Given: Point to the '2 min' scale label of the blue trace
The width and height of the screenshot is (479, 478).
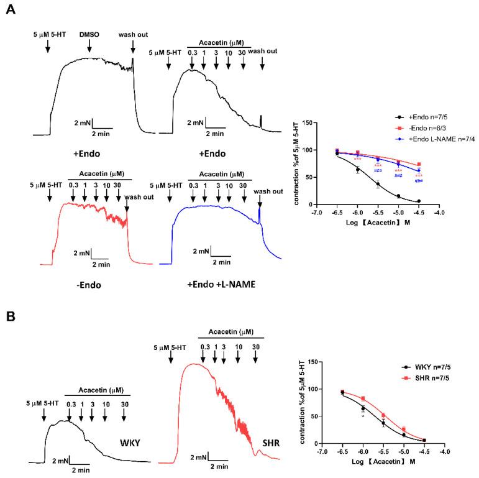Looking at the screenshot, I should coord(221,262).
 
